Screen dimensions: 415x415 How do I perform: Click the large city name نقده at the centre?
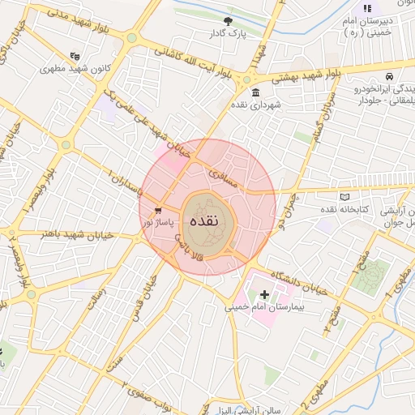[207, 220]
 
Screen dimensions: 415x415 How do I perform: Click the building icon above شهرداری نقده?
[256, 92]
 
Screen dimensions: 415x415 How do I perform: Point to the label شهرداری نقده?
[264, 105]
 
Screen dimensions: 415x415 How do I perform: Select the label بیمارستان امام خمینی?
[263, 308]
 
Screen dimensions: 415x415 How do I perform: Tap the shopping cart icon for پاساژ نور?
[146, 211]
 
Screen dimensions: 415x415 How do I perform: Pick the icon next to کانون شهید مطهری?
[75, 56]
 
